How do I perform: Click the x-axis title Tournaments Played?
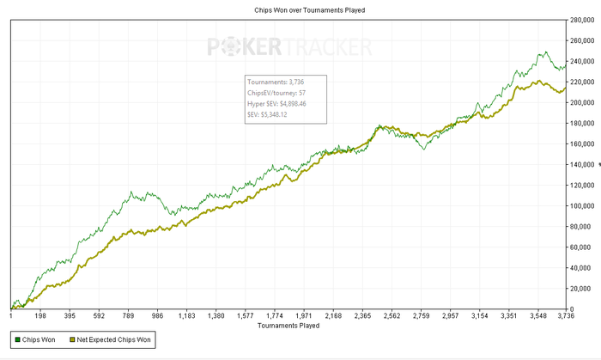click(289, 326)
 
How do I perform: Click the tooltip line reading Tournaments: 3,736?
click(282, 82)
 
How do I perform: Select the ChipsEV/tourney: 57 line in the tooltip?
click(283, 92)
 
